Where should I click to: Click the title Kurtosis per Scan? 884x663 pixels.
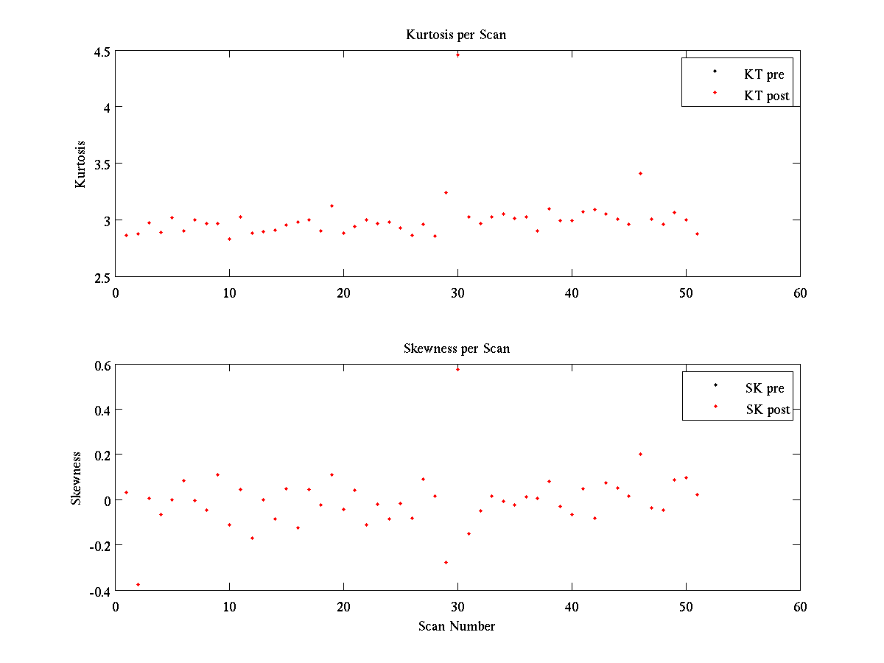[x=456, y=35]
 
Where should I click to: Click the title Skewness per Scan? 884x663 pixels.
[x=456, y=348]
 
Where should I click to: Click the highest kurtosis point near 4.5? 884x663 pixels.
[x=457, y=55]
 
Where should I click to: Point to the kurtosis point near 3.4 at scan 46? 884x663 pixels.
[x=640, y=173]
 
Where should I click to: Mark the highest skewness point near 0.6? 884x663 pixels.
[x=457, y=369]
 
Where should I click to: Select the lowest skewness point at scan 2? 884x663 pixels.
[x=138, y=584]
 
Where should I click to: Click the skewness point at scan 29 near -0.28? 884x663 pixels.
[x=446, y=562]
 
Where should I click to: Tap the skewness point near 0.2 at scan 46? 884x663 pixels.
[x=640, y=454]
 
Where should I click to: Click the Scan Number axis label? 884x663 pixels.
[x=457, y=626]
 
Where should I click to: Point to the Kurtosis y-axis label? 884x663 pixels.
[x=80, y=164]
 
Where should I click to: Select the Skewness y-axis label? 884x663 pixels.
[x=76, y=479]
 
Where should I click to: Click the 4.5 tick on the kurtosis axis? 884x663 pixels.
[x=102, y=52]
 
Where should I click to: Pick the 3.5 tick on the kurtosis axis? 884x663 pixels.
[x=102, y=164]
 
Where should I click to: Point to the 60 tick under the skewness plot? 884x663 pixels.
[x=800, y=607]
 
